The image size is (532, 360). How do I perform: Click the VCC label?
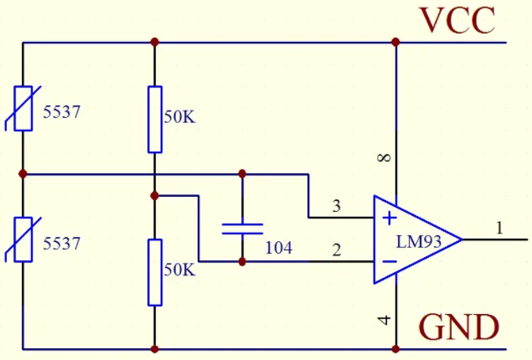(x=457, y=20)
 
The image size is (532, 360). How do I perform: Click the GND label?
(x=459, y=327)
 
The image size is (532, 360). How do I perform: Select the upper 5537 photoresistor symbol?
(x=23, y=109)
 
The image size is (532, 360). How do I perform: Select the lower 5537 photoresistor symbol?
(x=23, y=239)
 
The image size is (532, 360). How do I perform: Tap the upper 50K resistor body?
(x=155, y=120)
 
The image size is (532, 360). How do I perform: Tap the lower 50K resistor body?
(x=155, y=273)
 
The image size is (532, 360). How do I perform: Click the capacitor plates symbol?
(x=242, y=229)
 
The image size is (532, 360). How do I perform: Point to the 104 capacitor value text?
(x=278, y=248)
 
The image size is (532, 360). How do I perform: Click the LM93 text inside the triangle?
(x=419, y=242)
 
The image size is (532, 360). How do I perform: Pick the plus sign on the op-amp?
(x=390, y=219)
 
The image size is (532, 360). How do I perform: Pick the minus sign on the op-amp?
(x=390, y=261)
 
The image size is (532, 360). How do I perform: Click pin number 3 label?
(x=336, y=206)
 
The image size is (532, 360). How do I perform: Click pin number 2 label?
(x=336, y=249)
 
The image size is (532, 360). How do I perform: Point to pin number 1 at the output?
(x=499, y=228)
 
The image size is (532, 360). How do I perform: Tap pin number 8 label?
(x=384, y=157)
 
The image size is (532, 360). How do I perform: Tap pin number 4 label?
(x=384, y=320)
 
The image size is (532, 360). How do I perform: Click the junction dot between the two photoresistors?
(x=23, y=174)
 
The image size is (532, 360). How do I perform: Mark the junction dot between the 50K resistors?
(x=155, y=196)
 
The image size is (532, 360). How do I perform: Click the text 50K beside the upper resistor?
(x=180, y=117)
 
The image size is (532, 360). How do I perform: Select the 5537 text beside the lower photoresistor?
(x=61, y=244)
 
